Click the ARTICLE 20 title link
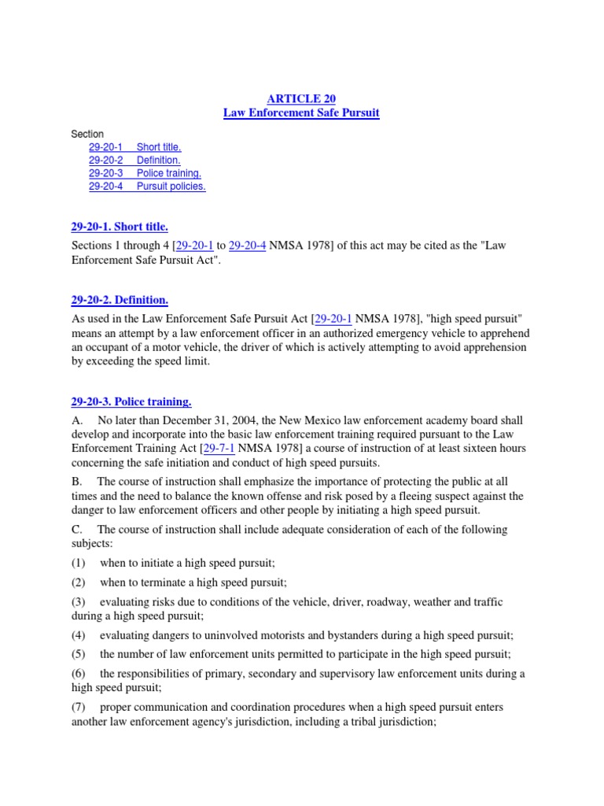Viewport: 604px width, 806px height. [x=301, y=98]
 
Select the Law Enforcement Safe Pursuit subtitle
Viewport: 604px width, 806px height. [x=301, y=113]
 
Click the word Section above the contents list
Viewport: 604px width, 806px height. [x=87, y=134]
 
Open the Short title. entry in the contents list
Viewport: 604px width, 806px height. [x=158, y=146]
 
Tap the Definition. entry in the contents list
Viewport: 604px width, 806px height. [x=158, y=160]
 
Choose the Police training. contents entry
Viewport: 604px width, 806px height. [x=168, y=173]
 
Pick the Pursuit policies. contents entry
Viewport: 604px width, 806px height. [x=171, y=187]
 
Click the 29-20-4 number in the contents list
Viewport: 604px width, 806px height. [x=106, y=187]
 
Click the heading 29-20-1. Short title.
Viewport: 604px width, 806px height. [x=120, y=227]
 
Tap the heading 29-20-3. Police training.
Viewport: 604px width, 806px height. [x=131, y=401]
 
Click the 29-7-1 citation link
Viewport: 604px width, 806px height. [x=219, y=448]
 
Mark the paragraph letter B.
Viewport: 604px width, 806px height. [x=75, y=481]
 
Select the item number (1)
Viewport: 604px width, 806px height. [x=79, y=564]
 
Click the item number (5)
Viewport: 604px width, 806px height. [x=79, y=653]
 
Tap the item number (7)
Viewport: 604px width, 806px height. [x=79, y=707]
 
